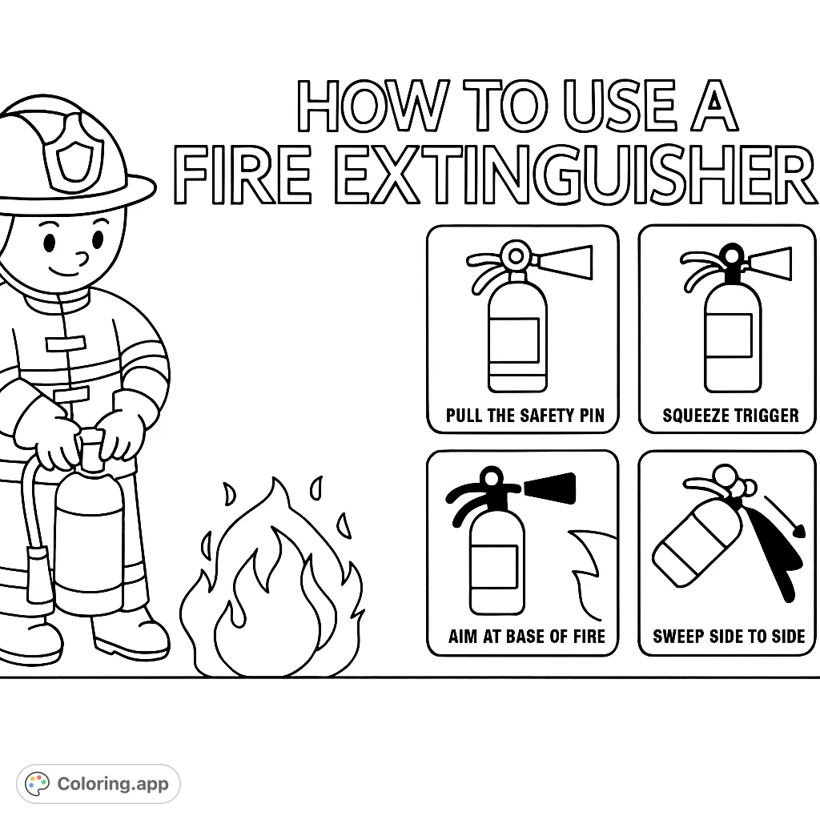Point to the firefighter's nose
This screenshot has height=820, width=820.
coord(82,258)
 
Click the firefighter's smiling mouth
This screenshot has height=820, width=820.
coord(64,271)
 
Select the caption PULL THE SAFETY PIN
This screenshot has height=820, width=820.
coord(525,416)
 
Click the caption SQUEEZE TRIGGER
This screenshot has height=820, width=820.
coord(730,416)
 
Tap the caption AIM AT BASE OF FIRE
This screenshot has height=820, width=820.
coord(527,637)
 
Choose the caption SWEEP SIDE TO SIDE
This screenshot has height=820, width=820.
coord(729,637)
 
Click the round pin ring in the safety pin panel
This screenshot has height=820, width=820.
coord(516,255)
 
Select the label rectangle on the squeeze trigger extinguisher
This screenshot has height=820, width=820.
coord(729,336)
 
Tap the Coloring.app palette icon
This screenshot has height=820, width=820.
coord(37,783)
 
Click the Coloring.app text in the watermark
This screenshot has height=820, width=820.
coord(113,783)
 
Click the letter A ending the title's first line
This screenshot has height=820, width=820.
coord(714,106)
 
